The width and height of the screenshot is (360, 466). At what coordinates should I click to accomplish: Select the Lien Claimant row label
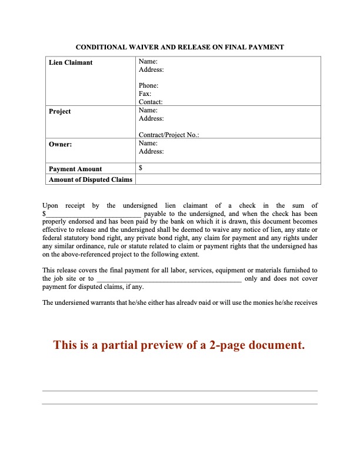71,62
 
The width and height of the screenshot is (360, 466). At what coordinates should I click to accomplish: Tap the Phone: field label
148,86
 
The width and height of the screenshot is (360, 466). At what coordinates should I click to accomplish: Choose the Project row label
60,111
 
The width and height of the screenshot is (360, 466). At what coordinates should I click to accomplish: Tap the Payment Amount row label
75,169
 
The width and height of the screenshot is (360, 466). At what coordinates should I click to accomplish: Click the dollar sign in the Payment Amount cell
140,168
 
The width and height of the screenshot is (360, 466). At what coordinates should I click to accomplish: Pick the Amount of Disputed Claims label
91,179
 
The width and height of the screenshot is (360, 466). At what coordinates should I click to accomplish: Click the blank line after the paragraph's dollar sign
94,214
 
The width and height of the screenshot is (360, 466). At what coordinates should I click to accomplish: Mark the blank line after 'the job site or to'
169,279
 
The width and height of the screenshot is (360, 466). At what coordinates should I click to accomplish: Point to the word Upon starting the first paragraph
52,205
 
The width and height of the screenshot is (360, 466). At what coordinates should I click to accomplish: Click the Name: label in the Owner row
148,143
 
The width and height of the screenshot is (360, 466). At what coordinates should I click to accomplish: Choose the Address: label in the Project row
151,118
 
